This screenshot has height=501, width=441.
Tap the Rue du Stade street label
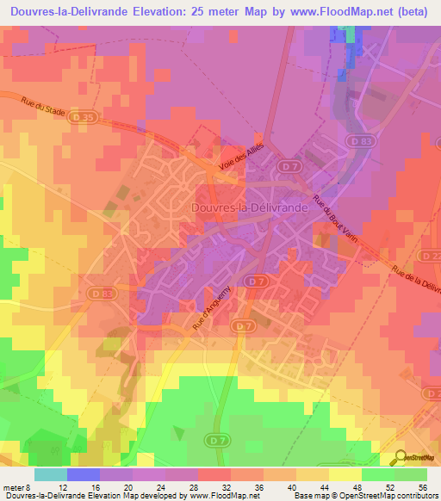pos(43,109)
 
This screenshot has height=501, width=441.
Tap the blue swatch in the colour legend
pos(83,474)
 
